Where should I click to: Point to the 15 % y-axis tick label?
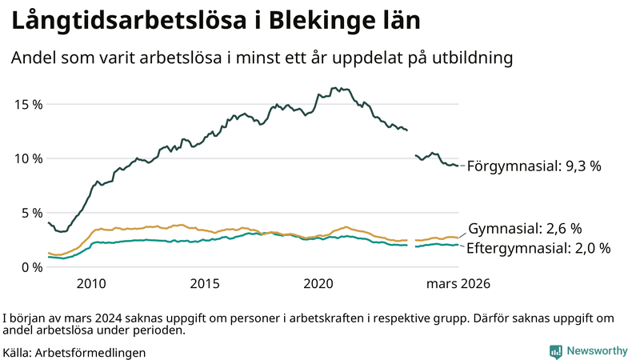point(28,104)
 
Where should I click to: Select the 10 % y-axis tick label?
point(28,158)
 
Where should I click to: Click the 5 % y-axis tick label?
point(31,213)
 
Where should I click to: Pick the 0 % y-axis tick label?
point(31,267)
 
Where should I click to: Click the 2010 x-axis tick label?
point(91,284)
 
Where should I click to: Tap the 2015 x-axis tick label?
point(206,284)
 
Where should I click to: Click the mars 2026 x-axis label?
point(458,284)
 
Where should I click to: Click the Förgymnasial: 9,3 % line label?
point(534,166)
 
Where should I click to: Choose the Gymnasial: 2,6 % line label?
point(525,228)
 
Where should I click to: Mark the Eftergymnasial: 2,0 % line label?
point(538,248)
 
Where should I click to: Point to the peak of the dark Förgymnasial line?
point(334,88)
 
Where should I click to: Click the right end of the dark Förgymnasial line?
point(458,166)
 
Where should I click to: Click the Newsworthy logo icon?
point(555,351)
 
